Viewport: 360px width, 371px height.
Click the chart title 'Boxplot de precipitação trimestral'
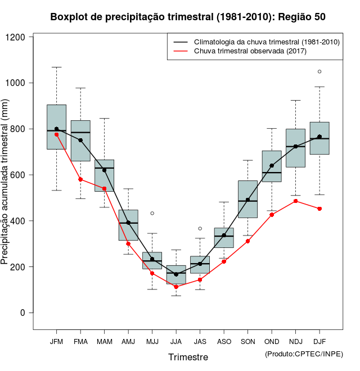[x=188, y=17]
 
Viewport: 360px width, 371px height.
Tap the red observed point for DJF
[x=319, y=209]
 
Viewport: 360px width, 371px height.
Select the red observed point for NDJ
[x=296, y=201]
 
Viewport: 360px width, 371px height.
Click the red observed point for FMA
[x=80, y=179]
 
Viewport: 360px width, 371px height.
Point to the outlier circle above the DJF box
[x=319, y=71]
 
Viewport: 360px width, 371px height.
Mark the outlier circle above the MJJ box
[x=152, y=213]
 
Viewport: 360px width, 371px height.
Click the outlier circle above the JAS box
[x=200, y=228]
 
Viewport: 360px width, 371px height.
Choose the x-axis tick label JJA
[x=176, y=341]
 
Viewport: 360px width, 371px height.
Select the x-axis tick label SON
[x=247, y=341]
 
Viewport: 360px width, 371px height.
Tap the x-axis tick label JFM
[x=56, y=341]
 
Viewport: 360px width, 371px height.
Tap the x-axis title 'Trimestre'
[x=188, y=357]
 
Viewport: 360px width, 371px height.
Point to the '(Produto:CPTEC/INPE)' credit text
[x=304, y=354]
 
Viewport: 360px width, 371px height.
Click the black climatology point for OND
[x=272, y=166]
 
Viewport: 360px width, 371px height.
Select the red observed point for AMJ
[x=128, y=243]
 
